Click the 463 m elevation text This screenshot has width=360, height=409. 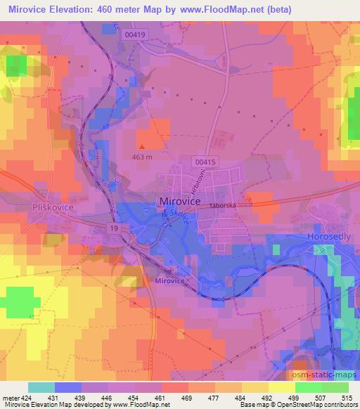coord(141,157)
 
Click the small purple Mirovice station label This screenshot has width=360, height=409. coord(168,280)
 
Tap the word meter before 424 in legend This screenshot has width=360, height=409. coord(9,397)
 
